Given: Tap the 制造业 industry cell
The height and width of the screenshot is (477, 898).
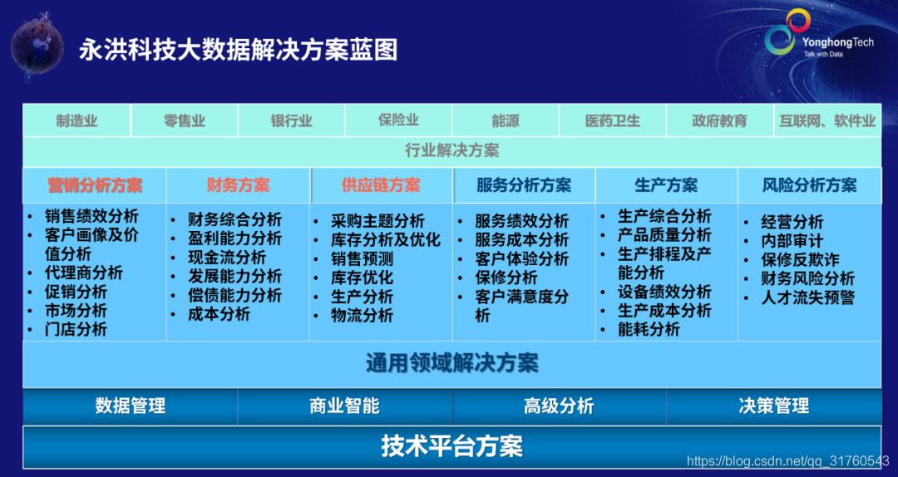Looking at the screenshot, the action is coord(76,120).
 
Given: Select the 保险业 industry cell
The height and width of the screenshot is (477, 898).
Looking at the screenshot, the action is coord(398,120).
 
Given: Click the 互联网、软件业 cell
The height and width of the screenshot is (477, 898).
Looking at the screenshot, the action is coord(827,120).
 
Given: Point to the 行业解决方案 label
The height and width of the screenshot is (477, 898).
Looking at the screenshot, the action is coord(451,150).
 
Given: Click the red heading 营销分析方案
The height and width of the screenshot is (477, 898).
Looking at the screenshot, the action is coord(95,185).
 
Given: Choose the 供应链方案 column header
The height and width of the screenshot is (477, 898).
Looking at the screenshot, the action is coord(381,185).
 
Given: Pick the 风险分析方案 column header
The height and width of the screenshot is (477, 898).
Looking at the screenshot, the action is coord(809,185).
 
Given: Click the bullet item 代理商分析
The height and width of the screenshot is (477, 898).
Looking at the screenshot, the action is coord(84,273).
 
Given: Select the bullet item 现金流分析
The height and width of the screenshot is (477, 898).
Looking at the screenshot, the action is coord(227,258).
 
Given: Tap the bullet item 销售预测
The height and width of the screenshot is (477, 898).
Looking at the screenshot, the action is coord(362,258).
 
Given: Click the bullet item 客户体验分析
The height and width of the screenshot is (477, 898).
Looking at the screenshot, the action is coord(521,258).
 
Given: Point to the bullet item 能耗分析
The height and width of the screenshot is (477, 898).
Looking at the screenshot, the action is coord(649,329).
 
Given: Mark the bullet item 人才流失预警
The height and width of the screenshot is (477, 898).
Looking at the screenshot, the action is coord(807,298).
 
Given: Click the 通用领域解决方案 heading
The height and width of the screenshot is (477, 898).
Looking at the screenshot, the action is coord(451,363).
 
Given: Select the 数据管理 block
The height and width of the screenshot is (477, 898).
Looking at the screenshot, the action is coord(130,406).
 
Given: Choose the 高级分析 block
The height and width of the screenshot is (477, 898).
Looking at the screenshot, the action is coord(559,406).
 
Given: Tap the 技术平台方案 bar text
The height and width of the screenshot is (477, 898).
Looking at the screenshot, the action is coord(451,446).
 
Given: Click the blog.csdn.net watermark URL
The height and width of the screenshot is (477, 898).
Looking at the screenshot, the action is coord(788,461).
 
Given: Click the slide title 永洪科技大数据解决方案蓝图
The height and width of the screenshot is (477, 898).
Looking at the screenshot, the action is coord(239,51).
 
